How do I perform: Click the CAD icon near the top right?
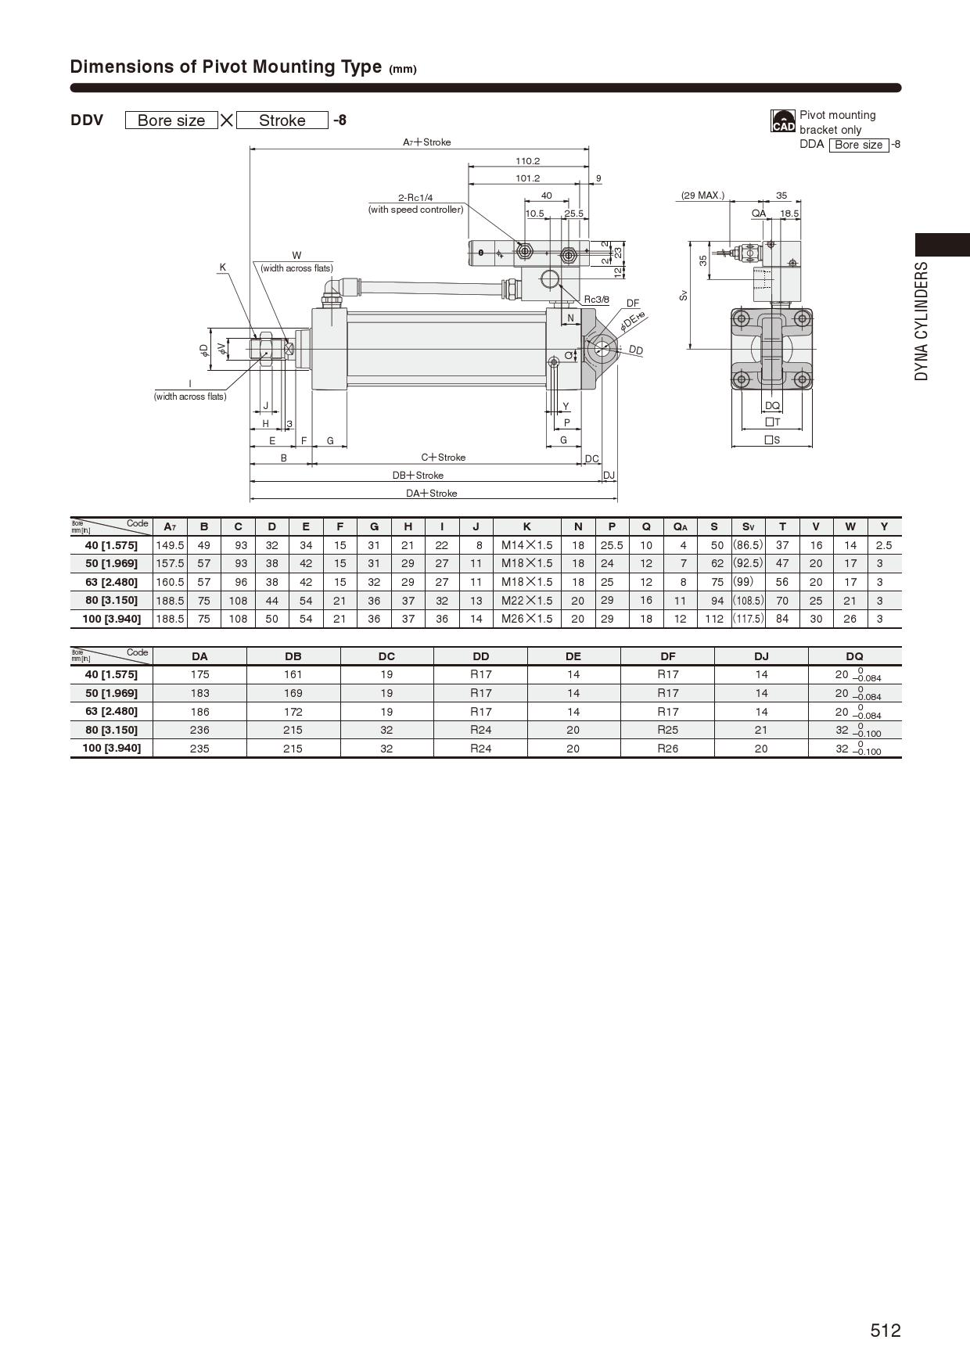click(x=783, y=121)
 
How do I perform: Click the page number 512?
click(x=886, y=1331)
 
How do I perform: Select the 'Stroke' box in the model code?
click(x=282, y=120)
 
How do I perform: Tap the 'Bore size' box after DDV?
click(x=171, y=120)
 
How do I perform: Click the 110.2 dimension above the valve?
click(x=527, y=161)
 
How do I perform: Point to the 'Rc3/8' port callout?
click(x=597, y=300)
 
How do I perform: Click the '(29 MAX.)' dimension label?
click(x=702, y=196)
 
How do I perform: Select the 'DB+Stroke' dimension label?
click(x=418, y=476)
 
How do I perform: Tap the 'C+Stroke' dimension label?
click(x=443, y=458)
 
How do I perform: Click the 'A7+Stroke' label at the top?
click(x=426, y=142)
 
